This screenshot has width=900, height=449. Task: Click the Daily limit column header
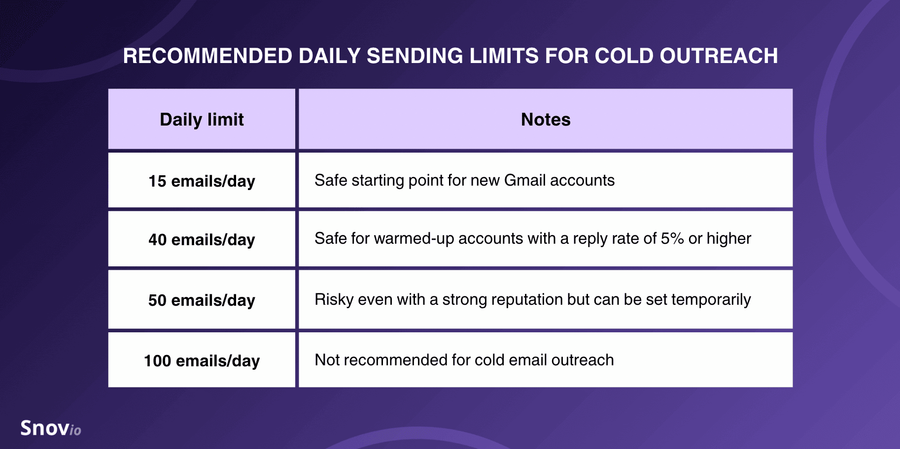click(202, 119)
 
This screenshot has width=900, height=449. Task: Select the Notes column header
click(546, 119)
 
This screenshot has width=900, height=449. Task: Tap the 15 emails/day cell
click(202, 180)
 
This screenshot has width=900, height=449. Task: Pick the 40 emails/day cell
click(202, 239)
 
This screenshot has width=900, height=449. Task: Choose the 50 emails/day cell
click(202, 299)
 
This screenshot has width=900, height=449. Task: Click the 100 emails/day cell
click(202, 360)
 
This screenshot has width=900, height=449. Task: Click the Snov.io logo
click(51, 428)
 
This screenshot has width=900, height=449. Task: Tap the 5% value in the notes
click(672, 238)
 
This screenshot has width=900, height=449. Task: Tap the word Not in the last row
click(327, 360)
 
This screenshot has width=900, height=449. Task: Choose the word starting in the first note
click(378, 181)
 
